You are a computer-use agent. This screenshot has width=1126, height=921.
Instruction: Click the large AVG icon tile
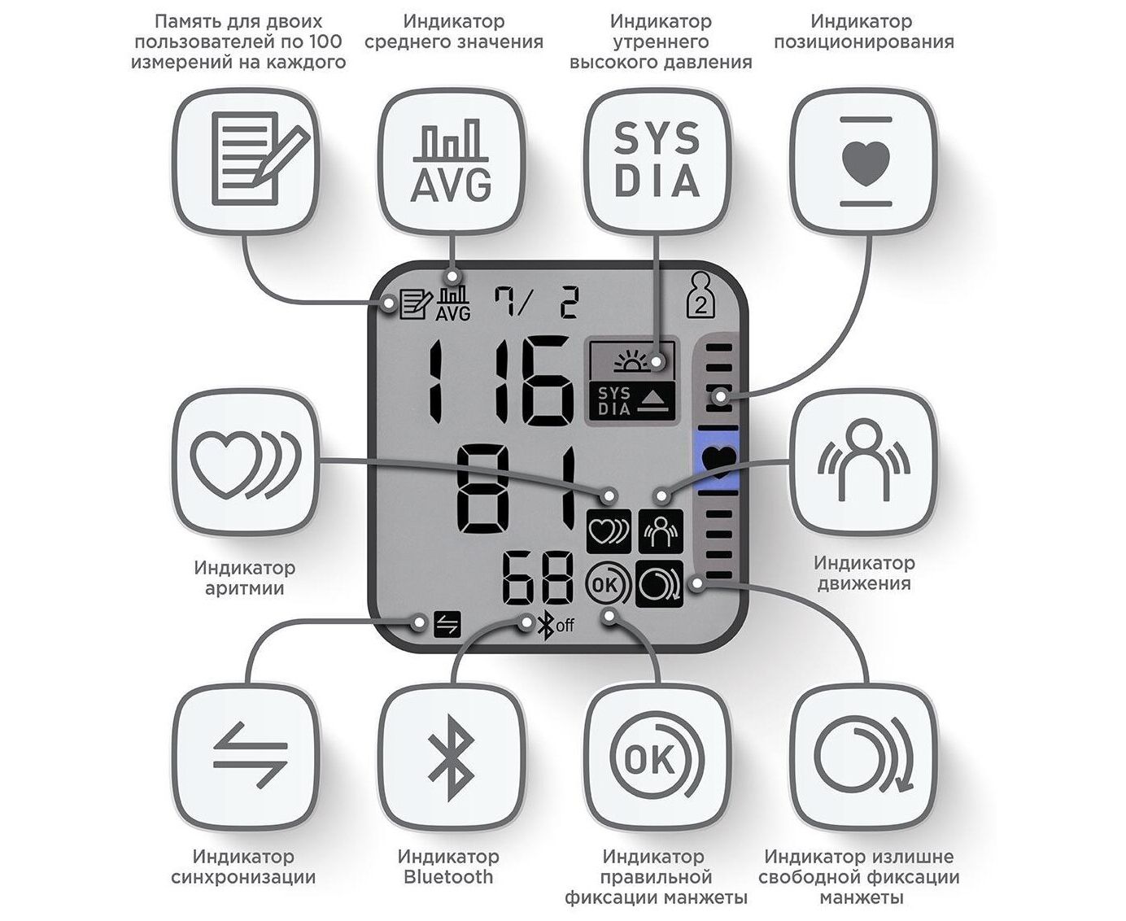(452, 161)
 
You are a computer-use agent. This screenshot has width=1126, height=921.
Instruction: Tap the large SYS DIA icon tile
(657, 161)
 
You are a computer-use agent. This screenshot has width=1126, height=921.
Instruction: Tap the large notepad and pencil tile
(247, 161)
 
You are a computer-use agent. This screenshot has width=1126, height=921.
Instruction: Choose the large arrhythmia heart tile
(247, 463)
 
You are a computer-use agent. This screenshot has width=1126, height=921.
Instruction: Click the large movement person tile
(864, 463)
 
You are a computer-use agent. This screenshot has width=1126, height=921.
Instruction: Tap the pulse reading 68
(538, 578)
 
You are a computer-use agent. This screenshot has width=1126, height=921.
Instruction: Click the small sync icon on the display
(447, 624)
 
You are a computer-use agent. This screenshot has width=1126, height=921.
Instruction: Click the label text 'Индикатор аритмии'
(245, 578)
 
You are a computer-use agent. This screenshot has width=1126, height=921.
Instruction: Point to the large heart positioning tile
(864, 161)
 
